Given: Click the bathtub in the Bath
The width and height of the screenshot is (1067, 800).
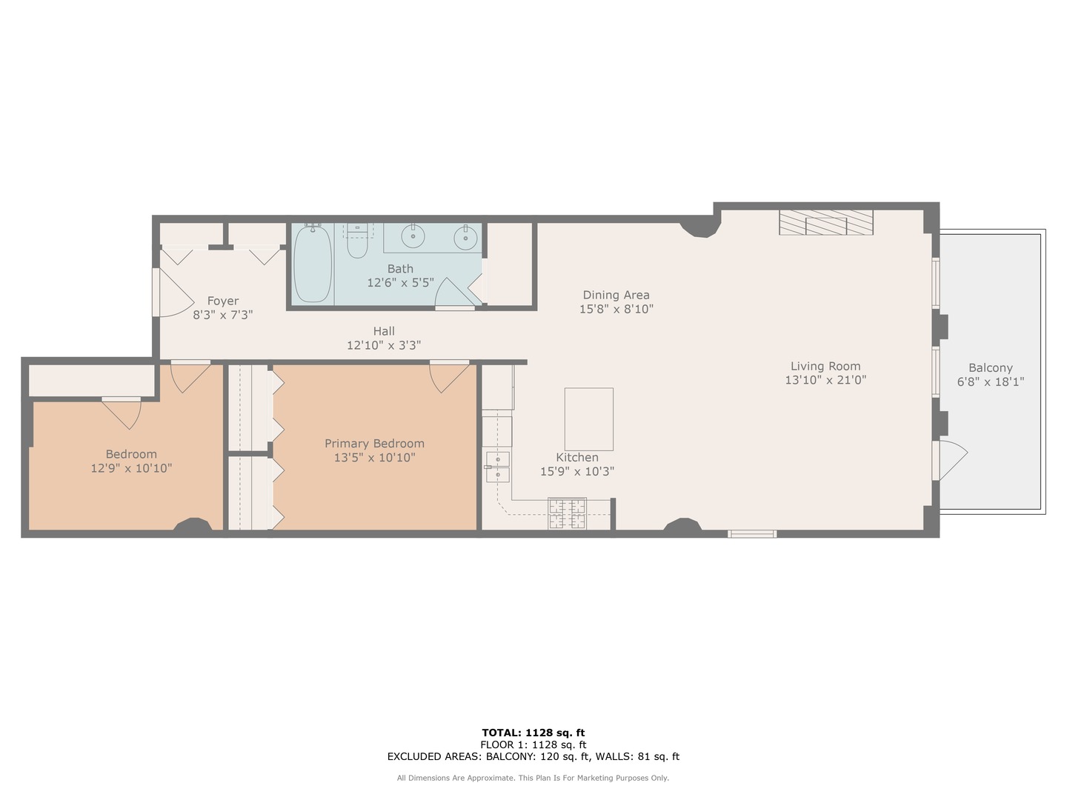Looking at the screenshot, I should point(312,264).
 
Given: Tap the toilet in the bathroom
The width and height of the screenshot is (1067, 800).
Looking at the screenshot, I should point(357,242).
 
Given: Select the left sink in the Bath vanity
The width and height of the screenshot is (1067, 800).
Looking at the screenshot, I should point(413,237).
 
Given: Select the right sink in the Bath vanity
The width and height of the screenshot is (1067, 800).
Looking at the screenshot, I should point(466,238).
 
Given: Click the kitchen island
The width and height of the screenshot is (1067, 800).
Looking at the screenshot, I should point(588,419).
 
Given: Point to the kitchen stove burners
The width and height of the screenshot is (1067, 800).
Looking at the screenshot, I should point(567,513).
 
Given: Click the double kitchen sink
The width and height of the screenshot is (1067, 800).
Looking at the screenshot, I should point(497,466).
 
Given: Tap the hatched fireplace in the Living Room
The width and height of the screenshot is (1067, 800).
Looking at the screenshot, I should point(825,222).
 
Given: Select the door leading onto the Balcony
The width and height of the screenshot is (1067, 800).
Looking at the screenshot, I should point(950,460).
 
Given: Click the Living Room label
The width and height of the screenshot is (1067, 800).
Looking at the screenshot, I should point(825,366).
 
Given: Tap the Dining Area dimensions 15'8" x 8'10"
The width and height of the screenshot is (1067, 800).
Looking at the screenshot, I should point(616,309).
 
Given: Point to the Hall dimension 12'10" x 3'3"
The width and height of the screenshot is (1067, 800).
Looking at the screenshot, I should point(384,345).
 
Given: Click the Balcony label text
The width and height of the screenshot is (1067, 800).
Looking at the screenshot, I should point(990,368).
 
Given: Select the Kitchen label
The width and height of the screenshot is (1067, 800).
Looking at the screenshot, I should point(577,458).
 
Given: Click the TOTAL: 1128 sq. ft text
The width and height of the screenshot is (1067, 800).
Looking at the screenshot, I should point(533,733).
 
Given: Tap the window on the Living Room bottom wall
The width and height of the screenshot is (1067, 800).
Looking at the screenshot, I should point(751,533).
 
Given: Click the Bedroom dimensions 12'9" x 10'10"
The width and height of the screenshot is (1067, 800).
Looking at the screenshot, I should point(131,468).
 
